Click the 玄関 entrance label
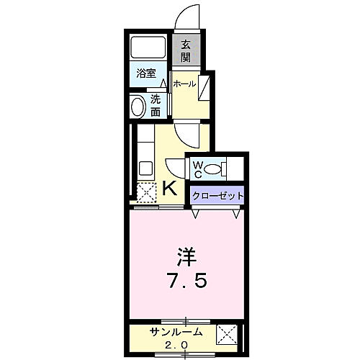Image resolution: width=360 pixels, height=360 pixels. click(x=186, y=50)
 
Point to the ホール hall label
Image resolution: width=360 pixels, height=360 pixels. click(x=184, y=84)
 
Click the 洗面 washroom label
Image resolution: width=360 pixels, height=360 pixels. click(x=156, y=106)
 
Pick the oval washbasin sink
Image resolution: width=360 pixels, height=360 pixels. click(x=138, y=107)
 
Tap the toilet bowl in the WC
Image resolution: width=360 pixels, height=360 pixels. click(x=214, y=170)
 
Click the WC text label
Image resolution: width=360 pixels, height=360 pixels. click(x=197, y=169)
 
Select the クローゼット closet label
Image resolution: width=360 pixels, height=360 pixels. click(x=218, y=196)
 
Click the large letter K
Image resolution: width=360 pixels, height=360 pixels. click(x=169, y=189)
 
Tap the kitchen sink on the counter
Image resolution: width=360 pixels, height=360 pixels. click(x=144, y=170)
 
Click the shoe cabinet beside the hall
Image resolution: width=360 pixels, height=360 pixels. click(x=205, y=86)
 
